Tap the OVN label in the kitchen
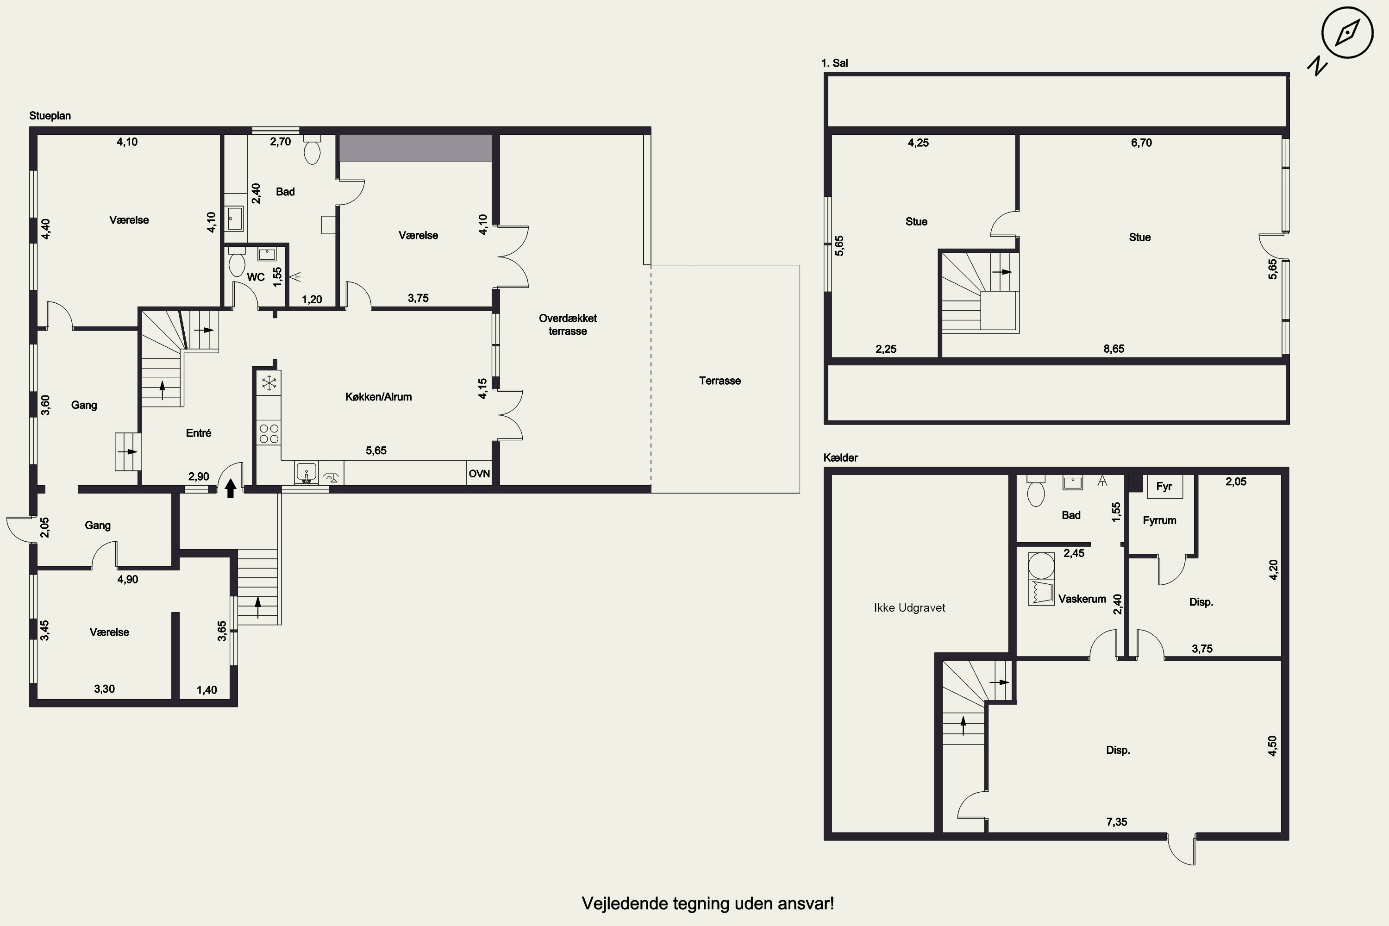pos(479,474)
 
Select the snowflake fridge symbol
pos(269,383)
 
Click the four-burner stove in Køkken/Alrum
pos(269,433)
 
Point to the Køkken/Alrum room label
pos(379,397)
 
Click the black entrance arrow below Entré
pos(230,488)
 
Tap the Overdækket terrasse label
pos(568,324)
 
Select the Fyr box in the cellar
pos(1164,487)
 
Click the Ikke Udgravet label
pos(909,607)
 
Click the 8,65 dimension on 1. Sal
pos(1114,349)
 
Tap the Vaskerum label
pos(1082,599)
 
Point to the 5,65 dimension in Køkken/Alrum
pos(375,450)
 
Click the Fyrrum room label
pos(1159,520)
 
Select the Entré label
pos(199,433)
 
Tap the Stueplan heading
pos(50,116)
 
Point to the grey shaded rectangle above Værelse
pos(415,148)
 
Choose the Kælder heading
pos(840,458)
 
